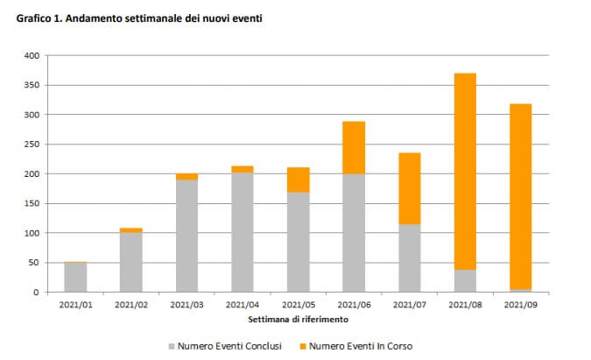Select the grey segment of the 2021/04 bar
point(243,232)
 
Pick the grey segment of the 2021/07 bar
point(409,258)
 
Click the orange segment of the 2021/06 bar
point(354,147)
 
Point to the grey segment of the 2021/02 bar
point(130,262)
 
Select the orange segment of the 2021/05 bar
point(298,180)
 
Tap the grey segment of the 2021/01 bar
point(75,277)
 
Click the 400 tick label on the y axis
point(32,55)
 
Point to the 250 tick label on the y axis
point(32,145)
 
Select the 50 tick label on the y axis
point(34,263)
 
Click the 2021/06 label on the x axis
point(354,305)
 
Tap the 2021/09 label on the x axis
point(520,305)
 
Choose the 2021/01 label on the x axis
point(75,305)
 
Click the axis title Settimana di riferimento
point(298,319)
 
